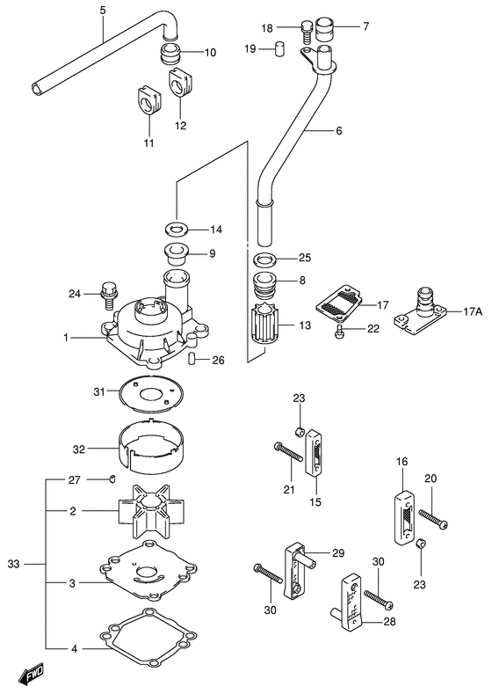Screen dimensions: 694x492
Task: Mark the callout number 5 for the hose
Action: pos(102,11)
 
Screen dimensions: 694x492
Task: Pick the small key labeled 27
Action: pos(112,478)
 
